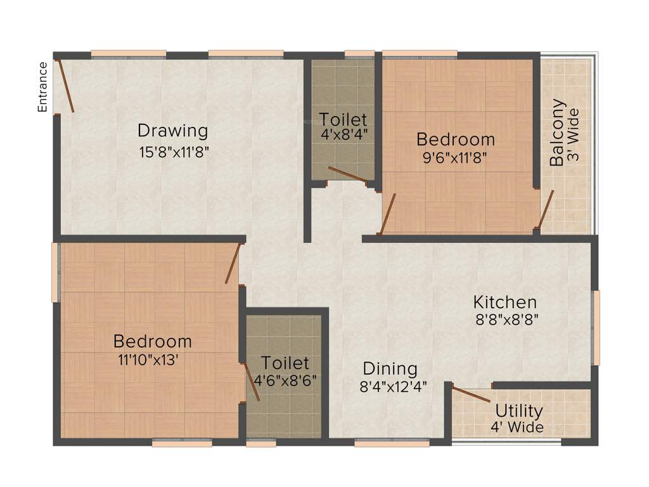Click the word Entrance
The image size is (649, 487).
pyautogui.click(x=43, y=87)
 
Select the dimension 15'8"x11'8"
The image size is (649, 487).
pyautogui.click(x=174, y=152)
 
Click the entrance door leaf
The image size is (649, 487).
pyautogui.click(x=66, y=86)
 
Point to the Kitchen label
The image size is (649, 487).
pyautogui.click(x=505, y=302)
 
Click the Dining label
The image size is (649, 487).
pyautogui.click(x=390, y=368)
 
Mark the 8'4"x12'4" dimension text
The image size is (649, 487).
pyautogui.click(x=393, y=386)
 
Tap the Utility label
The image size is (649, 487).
pyautogui.click(x=519, y=410)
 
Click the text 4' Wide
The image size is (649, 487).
pyautogui.click(x=517, y=427)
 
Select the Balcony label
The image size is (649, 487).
pyautogui.click(x=557, y=133)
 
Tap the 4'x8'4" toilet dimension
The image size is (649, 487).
pyautogui.click(x=344, y=134)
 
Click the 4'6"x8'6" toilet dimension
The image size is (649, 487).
pyautogui.click(x=285, y=380)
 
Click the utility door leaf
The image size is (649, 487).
pyautogui.click(x=471, y=394)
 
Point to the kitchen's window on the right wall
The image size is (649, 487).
pyautogui.click(x=596, y=327)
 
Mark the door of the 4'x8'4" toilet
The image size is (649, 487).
pyautogui.click(x=347, y=175)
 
